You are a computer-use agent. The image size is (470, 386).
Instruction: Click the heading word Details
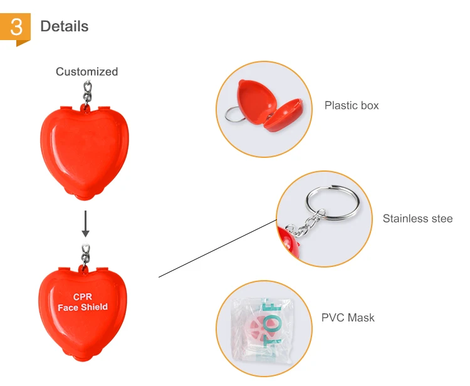click(65, 26)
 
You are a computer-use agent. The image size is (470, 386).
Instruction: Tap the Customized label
click(86, 71)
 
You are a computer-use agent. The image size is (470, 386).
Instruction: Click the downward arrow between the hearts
click(86, 224)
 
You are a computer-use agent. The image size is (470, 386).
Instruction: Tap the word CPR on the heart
click(83, 297)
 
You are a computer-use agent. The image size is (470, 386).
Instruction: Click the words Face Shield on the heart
click(83, 307)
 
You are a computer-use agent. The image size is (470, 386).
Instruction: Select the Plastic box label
click(352, 105)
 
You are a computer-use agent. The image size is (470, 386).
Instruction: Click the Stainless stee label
click(417, 219)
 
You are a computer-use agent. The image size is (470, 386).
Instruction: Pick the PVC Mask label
click(348, 318)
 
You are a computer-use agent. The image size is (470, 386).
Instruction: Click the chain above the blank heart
click(88, 91)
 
